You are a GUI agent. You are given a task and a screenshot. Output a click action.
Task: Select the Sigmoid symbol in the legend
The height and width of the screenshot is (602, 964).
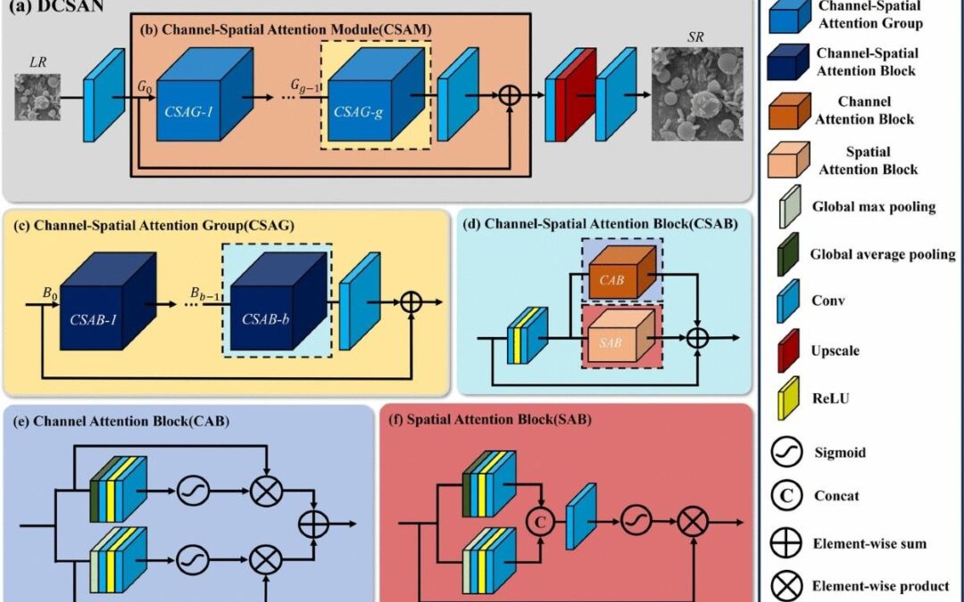click(x=786, y=452)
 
